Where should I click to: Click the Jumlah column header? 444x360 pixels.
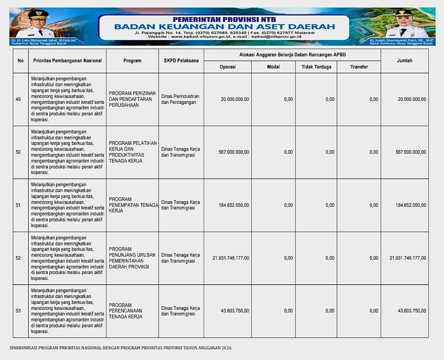404,61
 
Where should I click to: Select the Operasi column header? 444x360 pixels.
227,67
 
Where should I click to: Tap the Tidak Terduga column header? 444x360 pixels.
316,67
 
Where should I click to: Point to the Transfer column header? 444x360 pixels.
359,67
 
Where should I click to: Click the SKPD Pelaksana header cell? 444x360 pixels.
181,61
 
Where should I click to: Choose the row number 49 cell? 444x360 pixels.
18,99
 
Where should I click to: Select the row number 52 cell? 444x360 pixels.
18,258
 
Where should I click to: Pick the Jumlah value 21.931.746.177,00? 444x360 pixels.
408,258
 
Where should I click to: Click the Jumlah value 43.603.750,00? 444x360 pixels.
412,311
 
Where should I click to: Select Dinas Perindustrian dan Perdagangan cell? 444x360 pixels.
180,99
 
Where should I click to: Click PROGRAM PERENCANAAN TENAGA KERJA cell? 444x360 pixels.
126,311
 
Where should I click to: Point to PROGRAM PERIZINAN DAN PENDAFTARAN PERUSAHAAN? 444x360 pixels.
132,99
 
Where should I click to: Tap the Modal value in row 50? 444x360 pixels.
288,152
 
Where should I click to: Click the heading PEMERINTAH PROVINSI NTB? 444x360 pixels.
224,19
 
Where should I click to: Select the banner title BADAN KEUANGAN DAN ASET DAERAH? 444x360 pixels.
224,27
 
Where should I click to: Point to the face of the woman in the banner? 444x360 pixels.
403,21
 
